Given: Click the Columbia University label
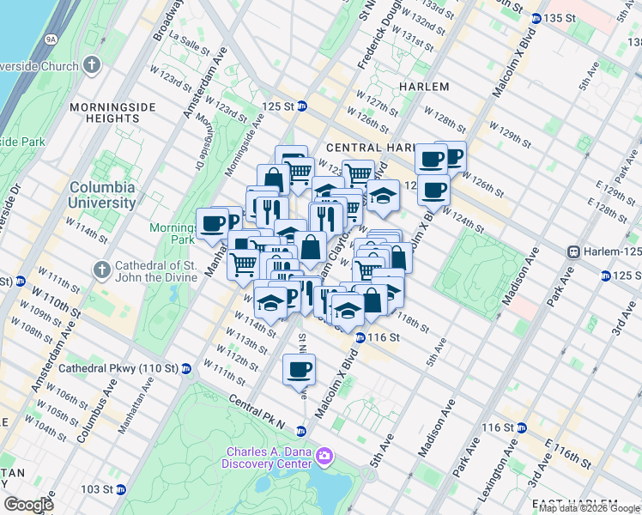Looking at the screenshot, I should (x=102, y=195).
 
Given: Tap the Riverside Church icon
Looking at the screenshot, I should (x=94, y=64).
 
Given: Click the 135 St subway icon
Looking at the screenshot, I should (x=536, y=18).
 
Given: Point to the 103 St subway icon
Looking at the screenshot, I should (x=121, y=489).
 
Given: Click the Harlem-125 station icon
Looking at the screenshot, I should (x=574, y=251).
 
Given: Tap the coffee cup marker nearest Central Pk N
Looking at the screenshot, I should (x=299, y=369).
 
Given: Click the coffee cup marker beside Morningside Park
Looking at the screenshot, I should (x=212, y=224).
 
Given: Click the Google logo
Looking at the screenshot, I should (x=28, y=505).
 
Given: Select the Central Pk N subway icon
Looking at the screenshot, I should (x=301, y=431).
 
